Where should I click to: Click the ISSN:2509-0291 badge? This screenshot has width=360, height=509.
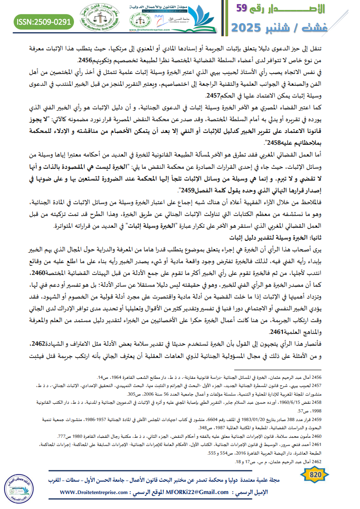[x=44, y=21]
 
